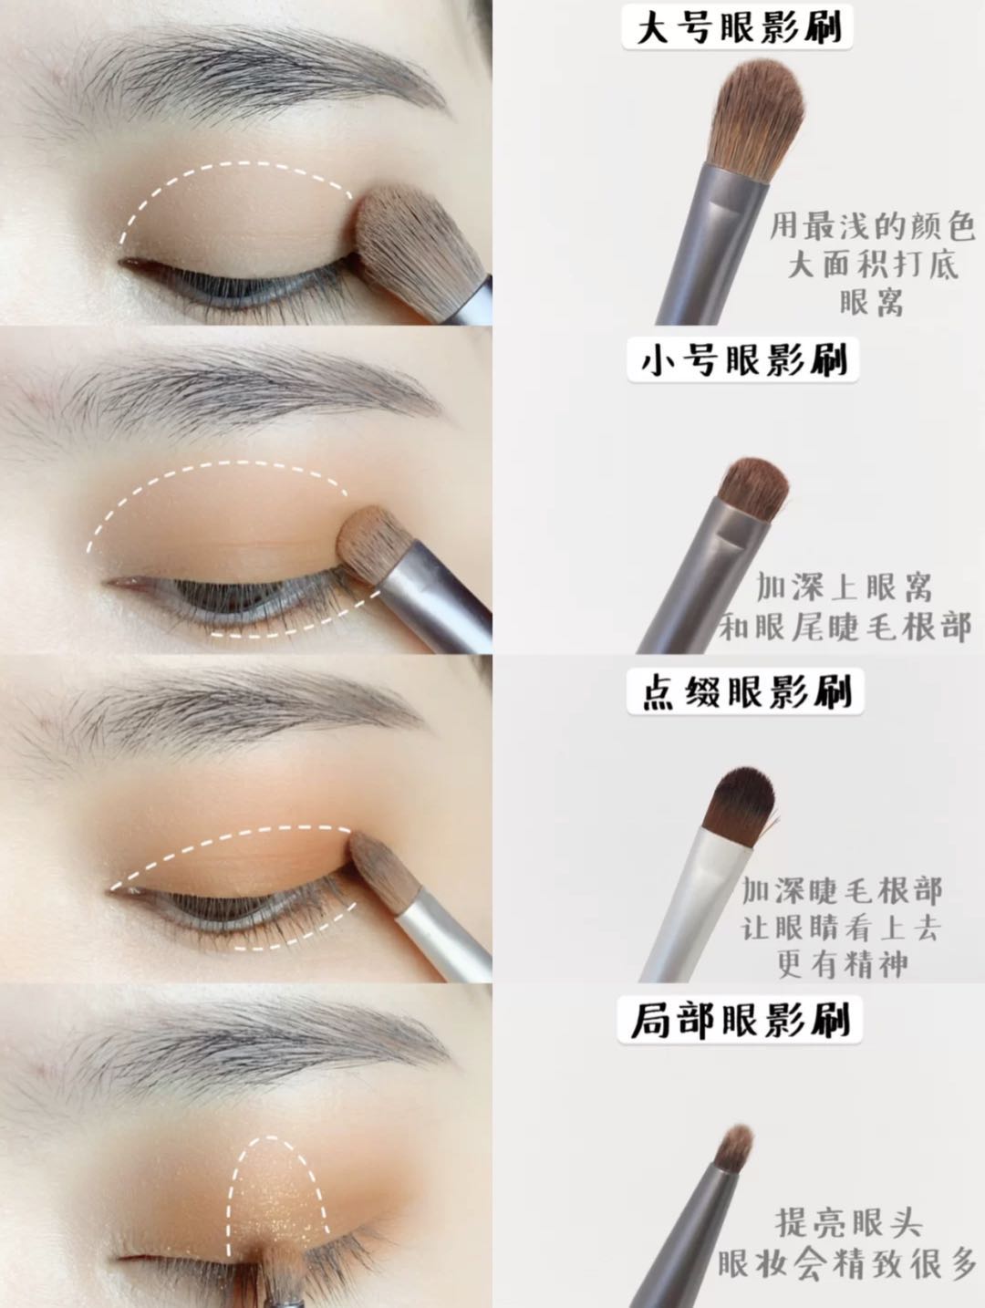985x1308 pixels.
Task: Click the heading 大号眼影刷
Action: pyautogui.click(x=738, y=27)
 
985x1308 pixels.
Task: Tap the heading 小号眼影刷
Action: pyautogui.click(x=742, y=360)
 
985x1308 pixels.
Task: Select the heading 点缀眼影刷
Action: pyautogui.click(x=745, y=691)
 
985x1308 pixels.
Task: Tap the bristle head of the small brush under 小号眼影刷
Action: pyautogui.click(x=752, y=489)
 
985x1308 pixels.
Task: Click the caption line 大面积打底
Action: pyautogui.click(x=873, y=265)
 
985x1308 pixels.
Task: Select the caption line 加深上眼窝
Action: pyautogui.click(x=844, y=588)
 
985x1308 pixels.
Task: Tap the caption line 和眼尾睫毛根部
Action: pyautogui.click(x=845, y=626)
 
